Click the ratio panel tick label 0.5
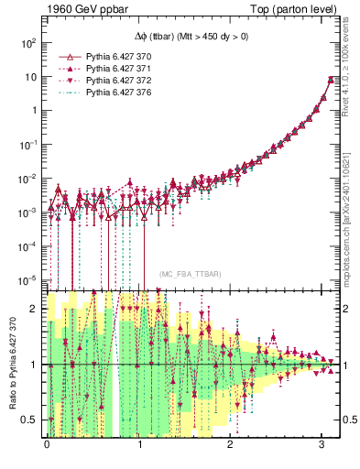29,420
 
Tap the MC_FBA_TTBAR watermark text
191,275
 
